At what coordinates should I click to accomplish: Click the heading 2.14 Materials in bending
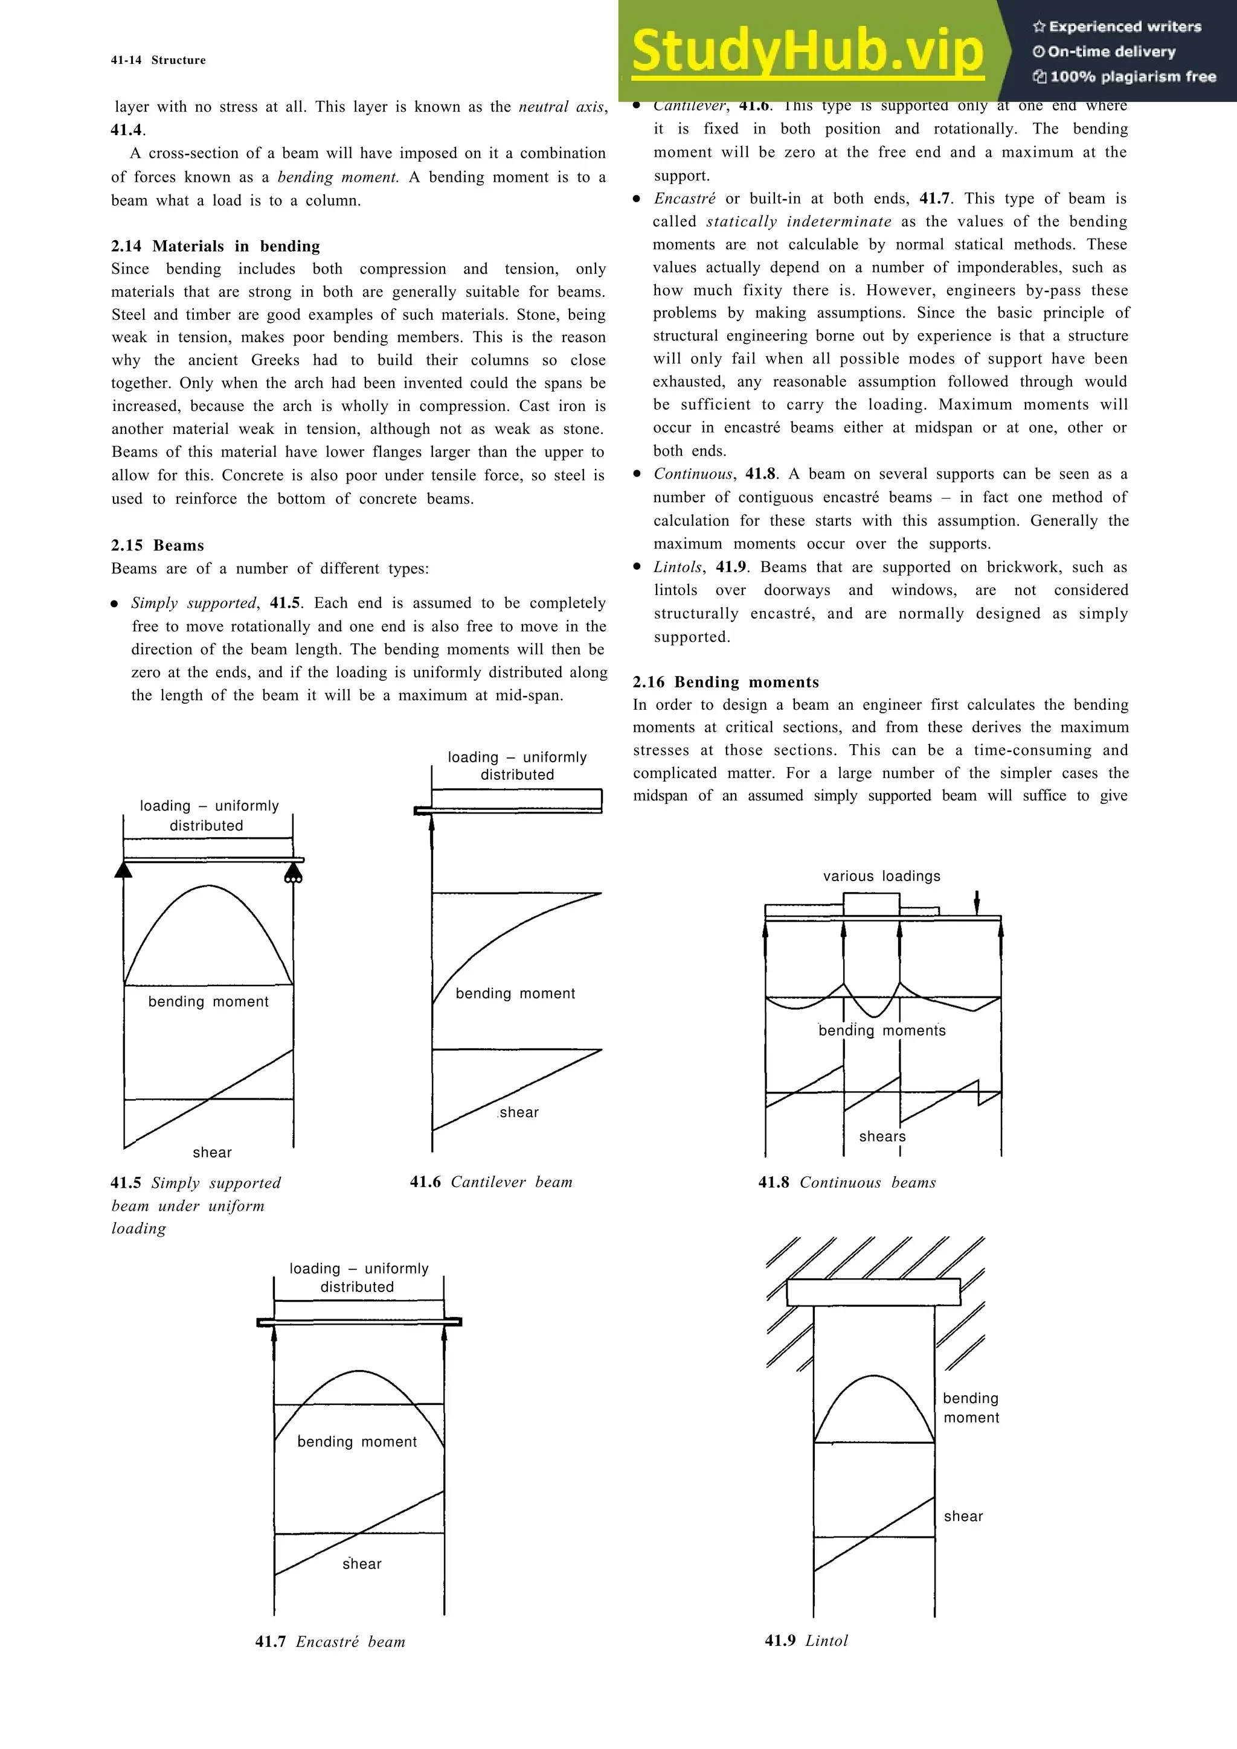click(215, 246)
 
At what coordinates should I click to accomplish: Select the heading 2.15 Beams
click(157, 546)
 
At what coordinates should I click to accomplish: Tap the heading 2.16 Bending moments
click(725, 682)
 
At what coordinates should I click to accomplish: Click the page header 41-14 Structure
click(158, 60)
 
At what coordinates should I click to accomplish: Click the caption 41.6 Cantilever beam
click(491, 1182)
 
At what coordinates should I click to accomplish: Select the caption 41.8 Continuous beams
click(846, 1182)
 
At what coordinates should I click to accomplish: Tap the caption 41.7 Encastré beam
click(330, 1642)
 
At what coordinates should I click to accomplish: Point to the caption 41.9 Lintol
click(806, 1641)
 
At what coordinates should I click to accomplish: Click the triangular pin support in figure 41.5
click(123, 870)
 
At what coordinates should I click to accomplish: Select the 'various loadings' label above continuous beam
click(881, 876)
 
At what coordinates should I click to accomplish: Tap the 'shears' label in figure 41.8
click(882, 1136)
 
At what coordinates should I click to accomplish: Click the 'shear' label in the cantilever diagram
click(518, 1112)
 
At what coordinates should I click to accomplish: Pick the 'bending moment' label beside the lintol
click(970, 1408)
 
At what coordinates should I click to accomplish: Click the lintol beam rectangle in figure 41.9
click(873, 1293)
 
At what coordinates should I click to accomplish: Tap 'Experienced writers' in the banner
click(1117, 27)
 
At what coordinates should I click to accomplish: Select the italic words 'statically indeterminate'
click(798, 221)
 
